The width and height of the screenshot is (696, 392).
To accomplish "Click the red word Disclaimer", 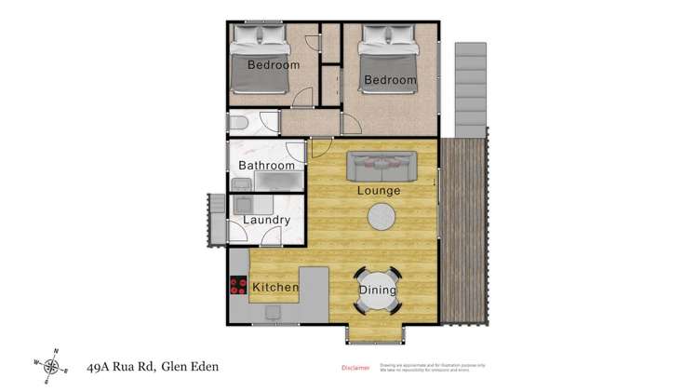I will pyautogui.click(x=355, y=368).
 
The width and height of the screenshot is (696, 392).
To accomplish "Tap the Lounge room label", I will pyautogui.click(x=379, y=191).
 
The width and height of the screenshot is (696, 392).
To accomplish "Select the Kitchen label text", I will pyautogui.click(x=275, y=288).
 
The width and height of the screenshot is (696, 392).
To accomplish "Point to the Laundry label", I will pyautogui.click(x=266, y=221).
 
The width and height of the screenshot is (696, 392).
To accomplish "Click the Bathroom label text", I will pyautogui.click(x=266, y=166).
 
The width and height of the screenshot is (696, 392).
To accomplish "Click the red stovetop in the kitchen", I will pyautogui.click(x=238, y=286).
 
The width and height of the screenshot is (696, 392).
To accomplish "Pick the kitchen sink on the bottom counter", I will pyautogui.click(x=272, y=312).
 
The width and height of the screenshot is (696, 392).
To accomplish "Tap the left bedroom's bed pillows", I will pyautogui.click(x=260, y=35).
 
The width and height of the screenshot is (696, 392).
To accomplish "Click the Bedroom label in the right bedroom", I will pyautogui.click(x=390, y=80).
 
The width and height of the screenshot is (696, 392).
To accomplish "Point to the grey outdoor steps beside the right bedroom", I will pyautogui.click(x=471, y=88).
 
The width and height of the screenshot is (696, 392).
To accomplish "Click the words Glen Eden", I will pyautogui.click(x=190, y=367).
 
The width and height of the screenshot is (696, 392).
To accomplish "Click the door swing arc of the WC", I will pyautogui.click(x=268, y=120).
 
